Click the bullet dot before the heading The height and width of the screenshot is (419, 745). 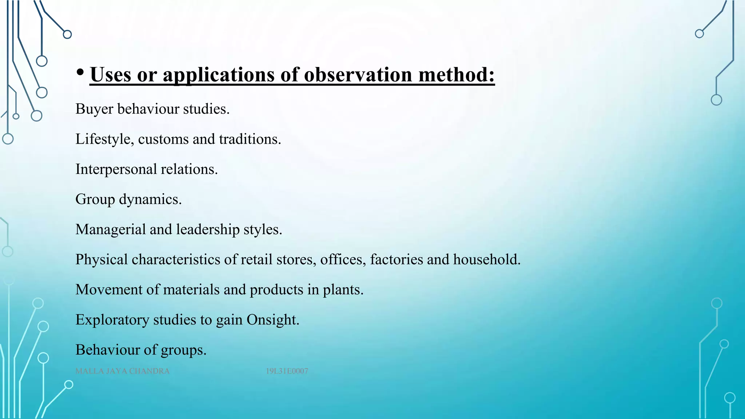[x=80, y=72]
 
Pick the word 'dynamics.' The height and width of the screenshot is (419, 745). [x=150, y=200]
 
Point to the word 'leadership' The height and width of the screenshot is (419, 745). [x=208, y=230]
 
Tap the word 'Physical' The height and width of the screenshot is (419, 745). [x=101, y=260]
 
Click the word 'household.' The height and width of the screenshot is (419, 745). [x=487, y=260]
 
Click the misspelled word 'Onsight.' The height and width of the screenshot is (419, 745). [x=273, y=320]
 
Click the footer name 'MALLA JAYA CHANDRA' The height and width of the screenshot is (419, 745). [x=123, y=371]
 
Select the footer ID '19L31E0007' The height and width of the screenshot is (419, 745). [x=287, y=371]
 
